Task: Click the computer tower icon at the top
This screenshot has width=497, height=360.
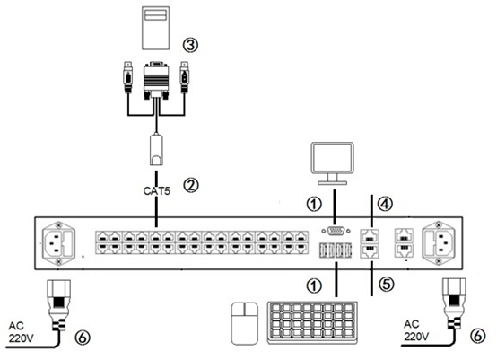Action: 155,28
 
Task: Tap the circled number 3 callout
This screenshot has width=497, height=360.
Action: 190,46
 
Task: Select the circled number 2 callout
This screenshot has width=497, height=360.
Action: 191,185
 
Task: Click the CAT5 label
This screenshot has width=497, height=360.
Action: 157,191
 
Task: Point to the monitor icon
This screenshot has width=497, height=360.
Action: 333,163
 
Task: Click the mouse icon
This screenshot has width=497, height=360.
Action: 245,323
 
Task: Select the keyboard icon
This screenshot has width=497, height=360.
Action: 313,322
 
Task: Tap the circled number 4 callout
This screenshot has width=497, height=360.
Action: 385,204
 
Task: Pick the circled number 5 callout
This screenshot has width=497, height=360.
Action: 387,285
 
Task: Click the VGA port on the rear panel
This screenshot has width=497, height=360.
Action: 336,231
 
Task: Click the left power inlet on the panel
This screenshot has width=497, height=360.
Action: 59,243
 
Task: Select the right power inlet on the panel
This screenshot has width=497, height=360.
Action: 438,243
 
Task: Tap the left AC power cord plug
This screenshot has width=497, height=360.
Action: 59,304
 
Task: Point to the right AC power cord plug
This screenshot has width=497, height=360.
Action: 454,303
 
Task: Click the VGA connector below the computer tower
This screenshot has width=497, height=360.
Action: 156,80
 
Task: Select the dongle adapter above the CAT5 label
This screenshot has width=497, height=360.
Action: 156,150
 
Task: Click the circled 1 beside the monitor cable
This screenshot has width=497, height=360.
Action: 314,204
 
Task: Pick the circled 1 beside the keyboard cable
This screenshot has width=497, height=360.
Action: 314,286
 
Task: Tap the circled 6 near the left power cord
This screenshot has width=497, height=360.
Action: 83,338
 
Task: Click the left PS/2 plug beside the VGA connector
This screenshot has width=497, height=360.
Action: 127,77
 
